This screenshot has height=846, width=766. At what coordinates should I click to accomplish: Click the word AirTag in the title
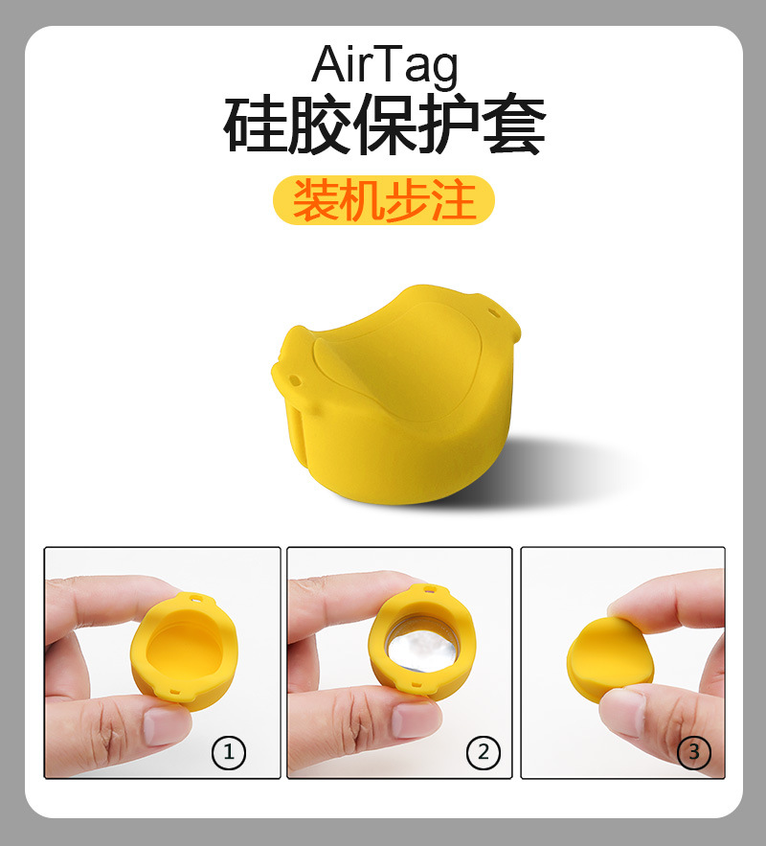[x=385, y=65]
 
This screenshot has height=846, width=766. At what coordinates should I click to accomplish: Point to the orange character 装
[x=315, y=200]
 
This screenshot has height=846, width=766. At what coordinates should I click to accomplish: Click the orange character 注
[x=454, y=200]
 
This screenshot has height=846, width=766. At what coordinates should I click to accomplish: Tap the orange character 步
[x=408, y=200]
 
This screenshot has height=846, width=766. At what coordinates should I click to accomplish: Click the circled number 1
[x=229, y=752]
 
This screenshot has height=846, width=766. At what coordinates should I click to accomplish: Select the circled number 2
[x=483, y=752]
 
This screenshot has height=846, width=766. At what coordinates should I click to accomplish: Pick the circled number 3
[x=693, y=752]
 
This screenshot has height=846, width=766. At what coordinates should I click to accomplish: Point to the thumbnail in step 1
[x=162, y=663]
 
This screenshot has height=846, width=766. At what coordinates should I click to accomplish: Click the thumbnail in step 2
[x=399, y=663]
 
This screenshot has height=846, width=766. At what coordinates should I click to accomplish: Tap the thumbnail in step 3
[x=622, y=663]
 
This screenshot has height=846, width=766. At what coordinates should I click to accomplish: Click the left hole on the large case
[x=295, y=380]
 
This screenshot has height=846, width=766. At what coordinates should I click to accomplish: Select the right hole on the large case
[x=492, y=311]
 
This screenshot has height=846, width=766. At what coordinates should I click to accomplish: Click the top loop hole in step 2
[x=430, y=589]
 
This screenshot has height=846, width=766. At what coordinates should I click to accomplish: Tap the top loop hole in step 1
[x=194, y=599]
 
